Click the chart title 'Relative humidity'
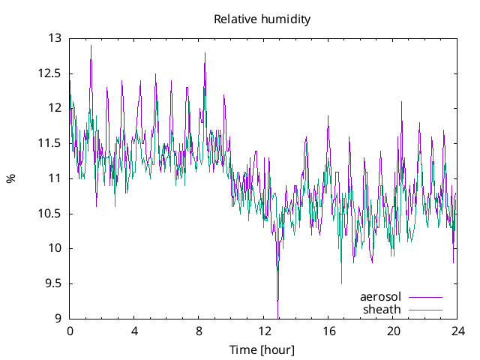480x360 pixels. coord(262,19)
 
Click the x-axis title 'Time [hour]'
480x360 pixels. coord(262,349)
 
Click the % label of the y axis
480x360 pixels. coord(10,178)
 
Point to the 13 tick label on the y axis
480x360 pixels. coord(55,38)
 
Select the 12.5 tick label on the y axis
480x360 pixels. coord(49,73)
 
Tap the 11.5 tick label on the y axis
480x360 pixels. coord(49,143)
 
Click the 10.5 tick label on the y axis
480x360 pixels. coord(49,214)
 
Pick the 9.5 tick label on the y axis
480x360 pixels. coord(52,283)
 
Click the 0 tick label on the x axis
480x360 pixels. coord(70,331)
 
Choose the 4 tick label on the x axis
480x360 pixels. coord(134,331)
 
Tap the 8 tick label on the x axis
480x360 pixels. coord(199,331)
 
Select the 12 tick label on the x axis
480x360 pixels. coord(264,331)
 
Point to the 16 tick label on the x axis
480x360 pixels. coord(328,331)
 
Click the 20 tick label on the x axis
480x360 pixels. coord(393,331)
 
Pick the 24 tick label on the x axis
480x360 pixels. coord(457,331)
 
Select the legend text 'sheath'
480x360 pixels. coord(382,309)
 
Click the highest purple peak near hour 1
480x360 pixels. coord(91,45)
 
